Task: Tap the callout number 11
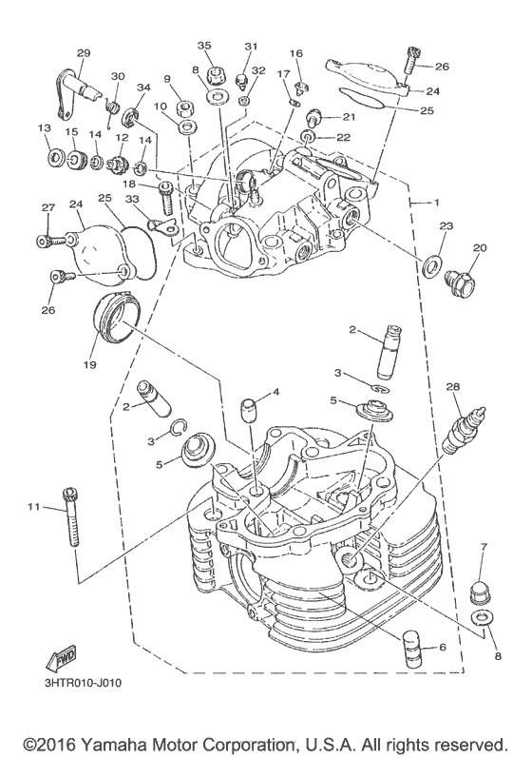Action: coord(34,508)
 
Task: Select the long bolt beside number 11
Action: coord(70,518)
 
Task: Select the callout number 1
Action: coord(437,204)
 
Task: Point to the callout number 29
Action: coord(83,52)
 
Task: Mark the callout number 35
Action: coord(203,46)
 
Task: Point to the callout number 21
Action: coord(348,117)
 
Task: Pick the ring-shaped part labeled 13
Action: coord(52,156)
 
